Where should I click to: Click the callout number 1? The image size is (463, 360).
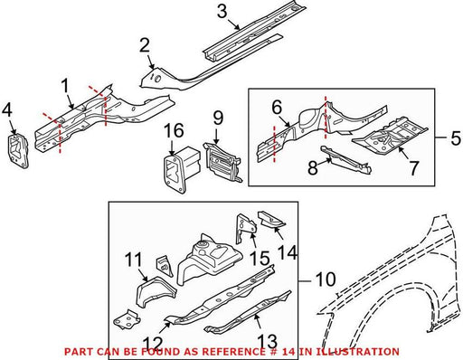(65, 87)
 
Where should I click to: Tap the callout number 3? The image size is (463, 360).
(222, 12)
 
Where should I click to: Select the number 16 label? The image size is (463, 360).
(174, 131)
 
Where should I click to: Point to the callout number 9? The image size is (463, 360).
(219, 118)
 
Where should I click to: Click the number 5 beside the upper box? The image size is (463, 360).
(456, 138)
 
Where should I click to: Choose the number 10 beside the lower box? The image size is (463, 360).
(326, 279)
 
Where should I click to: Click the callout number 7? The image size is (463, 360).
(413, 168)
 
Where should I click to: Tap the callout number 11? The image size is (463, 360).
(134, 260)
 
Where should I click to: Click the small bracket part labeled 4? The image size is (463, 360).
(18, 148)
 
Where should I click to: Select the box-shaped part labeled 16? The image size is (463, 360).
(180, 167)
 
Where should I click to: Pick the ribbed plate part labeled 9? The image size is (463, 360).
(222, 163)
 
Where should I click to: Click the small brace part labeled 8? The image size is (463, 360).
(345, 159)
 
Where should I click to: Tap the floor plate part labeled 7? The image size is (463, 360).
(391, 137)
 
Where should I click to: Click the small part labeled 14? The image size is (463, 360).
(271, 219)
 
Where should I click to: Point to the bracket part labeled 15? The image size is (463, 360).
(245, 228)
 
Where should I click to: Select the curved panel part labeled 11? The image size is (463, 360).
(155, 290)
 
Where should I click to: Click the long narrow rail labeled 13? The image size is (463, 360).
(248, 312)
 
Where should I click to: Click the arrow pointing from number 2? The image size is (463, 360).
(152, 62)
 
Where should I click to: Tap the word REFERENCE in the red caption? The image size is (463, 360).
(231, 352)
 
